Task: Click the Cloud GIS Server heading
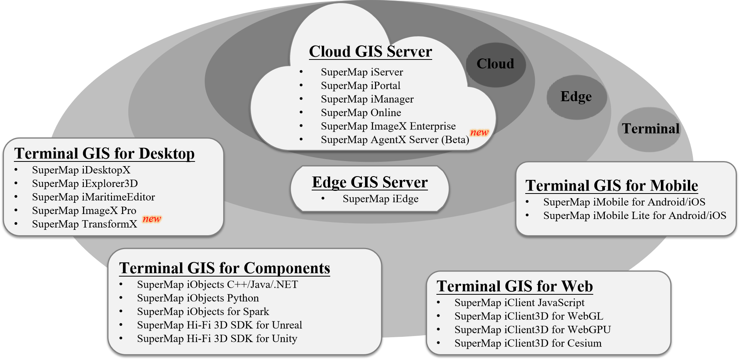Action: coord(370,52)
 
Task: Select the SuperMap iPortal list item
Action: coord(360,86)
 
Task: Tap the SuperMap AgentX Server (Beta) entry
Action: coord(395,140)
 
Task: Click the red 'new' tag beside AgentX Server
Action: coord(479,132)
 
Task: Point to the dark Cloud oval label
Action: coord(495,64)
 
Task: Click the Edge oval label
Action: coord(576,97)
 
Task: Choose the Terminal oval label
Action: coord(650,129)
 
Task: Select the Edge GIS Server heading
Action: coord(370,182)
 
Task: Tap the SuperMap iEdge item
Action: coord(380,199)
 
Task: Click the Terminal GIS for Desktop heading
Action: coord(104,154)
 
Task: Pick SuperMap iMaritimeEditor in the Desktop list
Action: coord(93,197)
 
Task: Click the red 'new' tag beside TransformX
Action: coord(152,219)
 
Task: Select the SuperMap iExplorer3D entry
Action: coord(85,184)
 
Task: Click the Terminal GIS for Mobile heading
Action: coord(611,186)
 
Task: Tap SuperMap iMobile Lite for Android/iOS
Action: coord(635,216)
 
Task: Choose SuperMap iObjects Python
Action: coord(198,299)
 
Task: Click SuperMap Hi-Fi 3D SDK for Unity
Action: coord(217,339)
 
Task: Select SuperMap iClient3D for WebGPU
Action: coord(533,330)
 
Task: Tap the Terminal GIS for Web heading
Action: coord(514,287)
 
